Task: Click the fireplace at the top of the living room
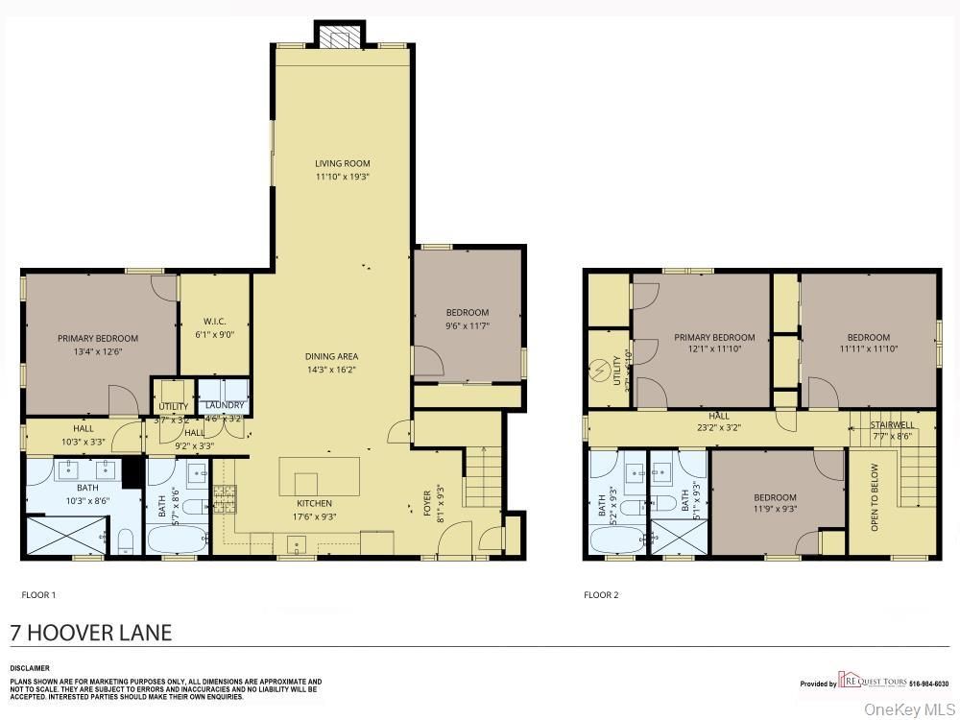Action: click(x=338, y=36)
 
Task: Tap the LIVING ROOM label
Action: click(x=343, y=163)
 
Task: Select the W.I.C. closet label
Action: click(x=214, y=322)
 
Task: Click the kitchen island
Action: click(x=319, y=476)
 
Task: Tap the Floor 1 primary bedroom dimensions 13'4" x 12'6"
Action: click(x=97, y=351)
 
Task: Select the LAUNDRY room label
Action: click(x=225, y=405)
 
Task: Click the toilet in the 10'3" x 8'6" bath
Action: click(x=126, y=542)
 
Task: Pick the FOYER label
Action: click(x=428, y=503)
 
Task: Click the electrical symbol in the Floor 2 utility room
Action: click(x=602, y=368)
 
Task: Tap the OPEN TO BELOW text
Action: click(x=875, y=497)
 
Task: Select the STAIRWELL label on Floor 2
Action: click(x=893, y=424)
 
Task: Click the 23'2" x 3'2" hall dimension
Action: click(x=719, y=428)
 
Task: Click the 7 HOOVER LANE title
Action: click(x=91, y=633)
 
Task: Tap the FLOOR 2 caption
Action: click(x=601, y=595)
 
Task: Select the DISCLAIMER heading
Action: click(x=30, y=668)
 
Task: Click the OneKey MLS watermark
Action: click(x=906, y=709)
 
